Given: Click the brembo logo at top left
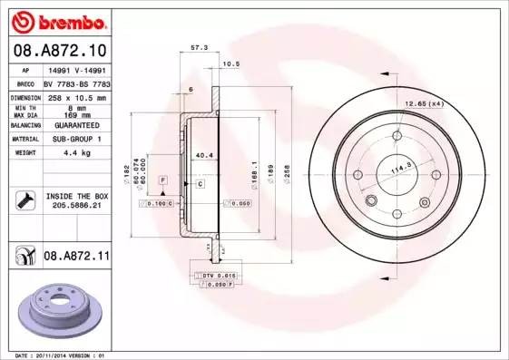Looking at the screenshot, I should pos(56,20).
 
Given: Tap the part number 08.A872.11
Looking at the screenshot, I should pos(76,258).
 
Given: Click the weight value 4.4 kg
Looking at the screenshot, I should pos(76,152).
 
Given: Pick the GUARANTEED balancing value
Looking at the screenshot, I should pos(76,124).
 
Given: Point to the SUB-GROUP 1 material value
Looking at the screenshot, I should pos(76,139).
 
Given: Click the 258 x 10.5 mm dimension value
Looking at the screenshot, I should pos(76,97).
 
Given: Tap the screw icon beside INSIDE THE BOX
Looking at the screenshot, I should pos(25,200).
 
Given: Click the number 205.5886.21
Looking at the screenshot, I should pos(76,206).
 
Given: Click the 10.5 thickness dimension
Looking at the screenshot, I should pos(230,63).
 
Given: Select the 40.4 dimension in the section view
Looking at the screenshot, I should pos(204,155).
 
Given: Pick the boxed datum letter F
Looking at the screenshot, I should pos(162,181).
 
